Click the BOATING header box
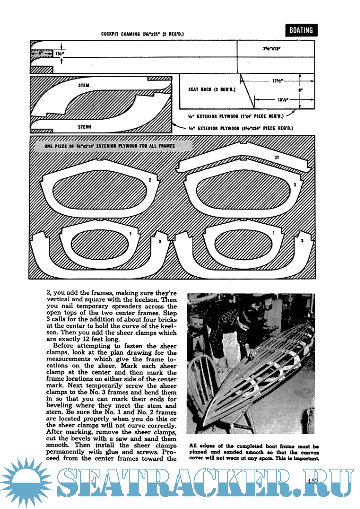click(x=301, y=30)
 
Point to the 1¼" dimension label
click(x=60, y=54)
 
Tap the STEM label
click(x=84, y=85)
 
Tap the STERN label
click(x=84, y=127)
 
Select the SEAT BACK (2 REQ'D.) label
click(x=212, y=89)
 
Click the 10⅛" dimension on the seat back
click(x=283, y=100)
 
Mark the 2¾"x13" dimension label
click(x=272, y=49)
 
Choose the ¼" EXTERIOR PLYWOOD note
click(x=236, y=116)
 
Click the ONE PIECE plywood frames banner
click(x=110, y=146)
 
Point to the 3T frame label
click(x=277, y=157)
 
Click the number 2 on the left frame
click(x=150, y=180)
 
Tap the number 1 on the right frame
click(x=274, y=233)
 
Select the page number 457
click(x=313, y=481)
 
